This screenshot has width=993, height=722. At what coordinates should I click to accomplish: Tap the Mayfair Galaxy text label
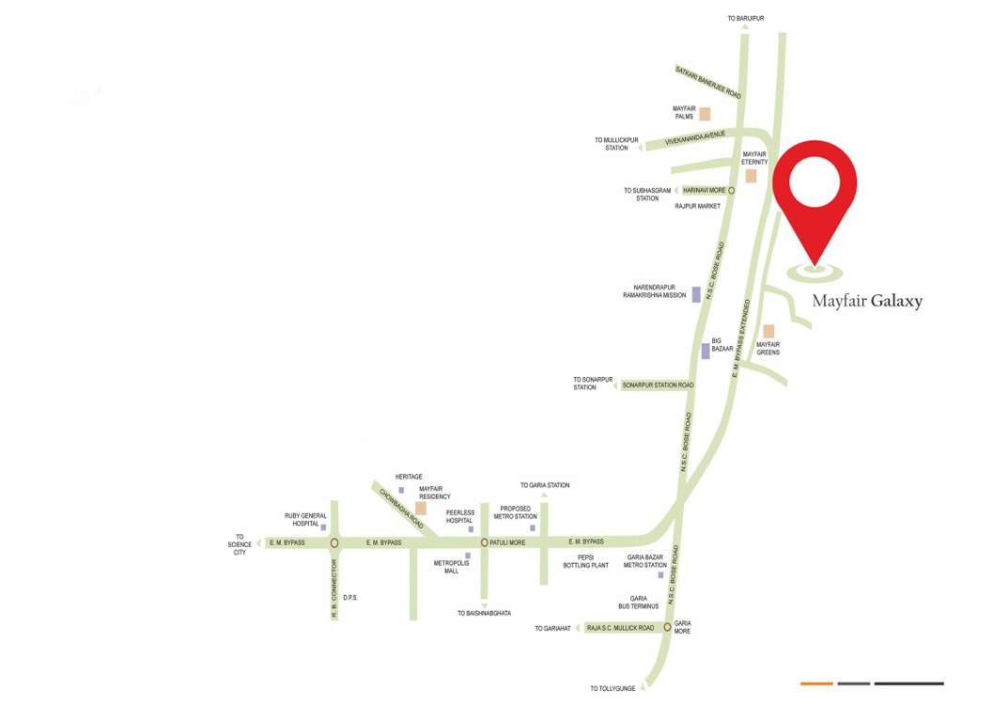tap(867, 302)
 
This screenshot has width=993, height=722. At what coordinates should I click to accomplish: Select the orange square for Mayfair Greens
tap(768, 331)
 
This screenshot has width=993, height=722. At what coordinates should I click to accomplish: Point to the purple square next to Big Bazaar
tap(705, 352)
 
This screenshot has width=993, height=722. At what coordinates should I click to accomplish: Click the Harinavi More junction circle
tap(731, 191)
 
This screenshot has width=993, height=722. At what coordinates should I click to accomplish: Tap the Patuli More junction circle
tap(485, 542)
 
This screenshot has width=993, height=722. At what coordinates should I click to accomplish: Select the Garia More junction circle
tap(667, 627)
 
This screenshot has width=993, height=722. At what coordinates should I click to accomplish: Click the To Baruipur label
tap(746, 18)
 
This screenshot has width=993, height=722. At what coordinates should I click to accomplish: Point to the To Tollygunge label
tap(613, 689)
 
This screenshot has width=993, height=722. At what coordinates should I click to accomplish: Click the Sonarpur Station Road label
tap(658, 385)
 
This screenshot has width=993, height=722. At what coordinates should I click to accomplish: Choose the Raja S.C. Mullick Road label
tap(620, 627)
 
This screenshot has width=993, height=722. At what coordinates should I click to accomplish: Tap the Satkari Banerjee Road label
tap(708, 82)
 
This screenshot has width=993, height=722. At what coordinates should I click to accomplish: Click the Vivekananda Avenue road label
tap(695, 138)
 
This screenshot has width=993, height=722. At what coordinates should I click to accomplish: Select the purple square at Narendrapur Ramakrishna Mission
tap(696, 294)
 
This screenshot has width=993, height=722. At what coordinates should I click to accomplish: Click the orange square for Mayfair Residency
tap(421, 509)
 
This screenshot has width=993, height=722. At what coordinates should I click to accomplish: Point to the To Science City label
tap(240, 544)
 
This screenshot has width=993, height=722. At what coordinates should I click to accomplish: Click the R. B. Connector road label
tap(334, 589)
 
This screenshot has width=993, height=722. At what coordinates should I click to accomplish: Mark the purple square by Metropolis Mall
tap(468, 557)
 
